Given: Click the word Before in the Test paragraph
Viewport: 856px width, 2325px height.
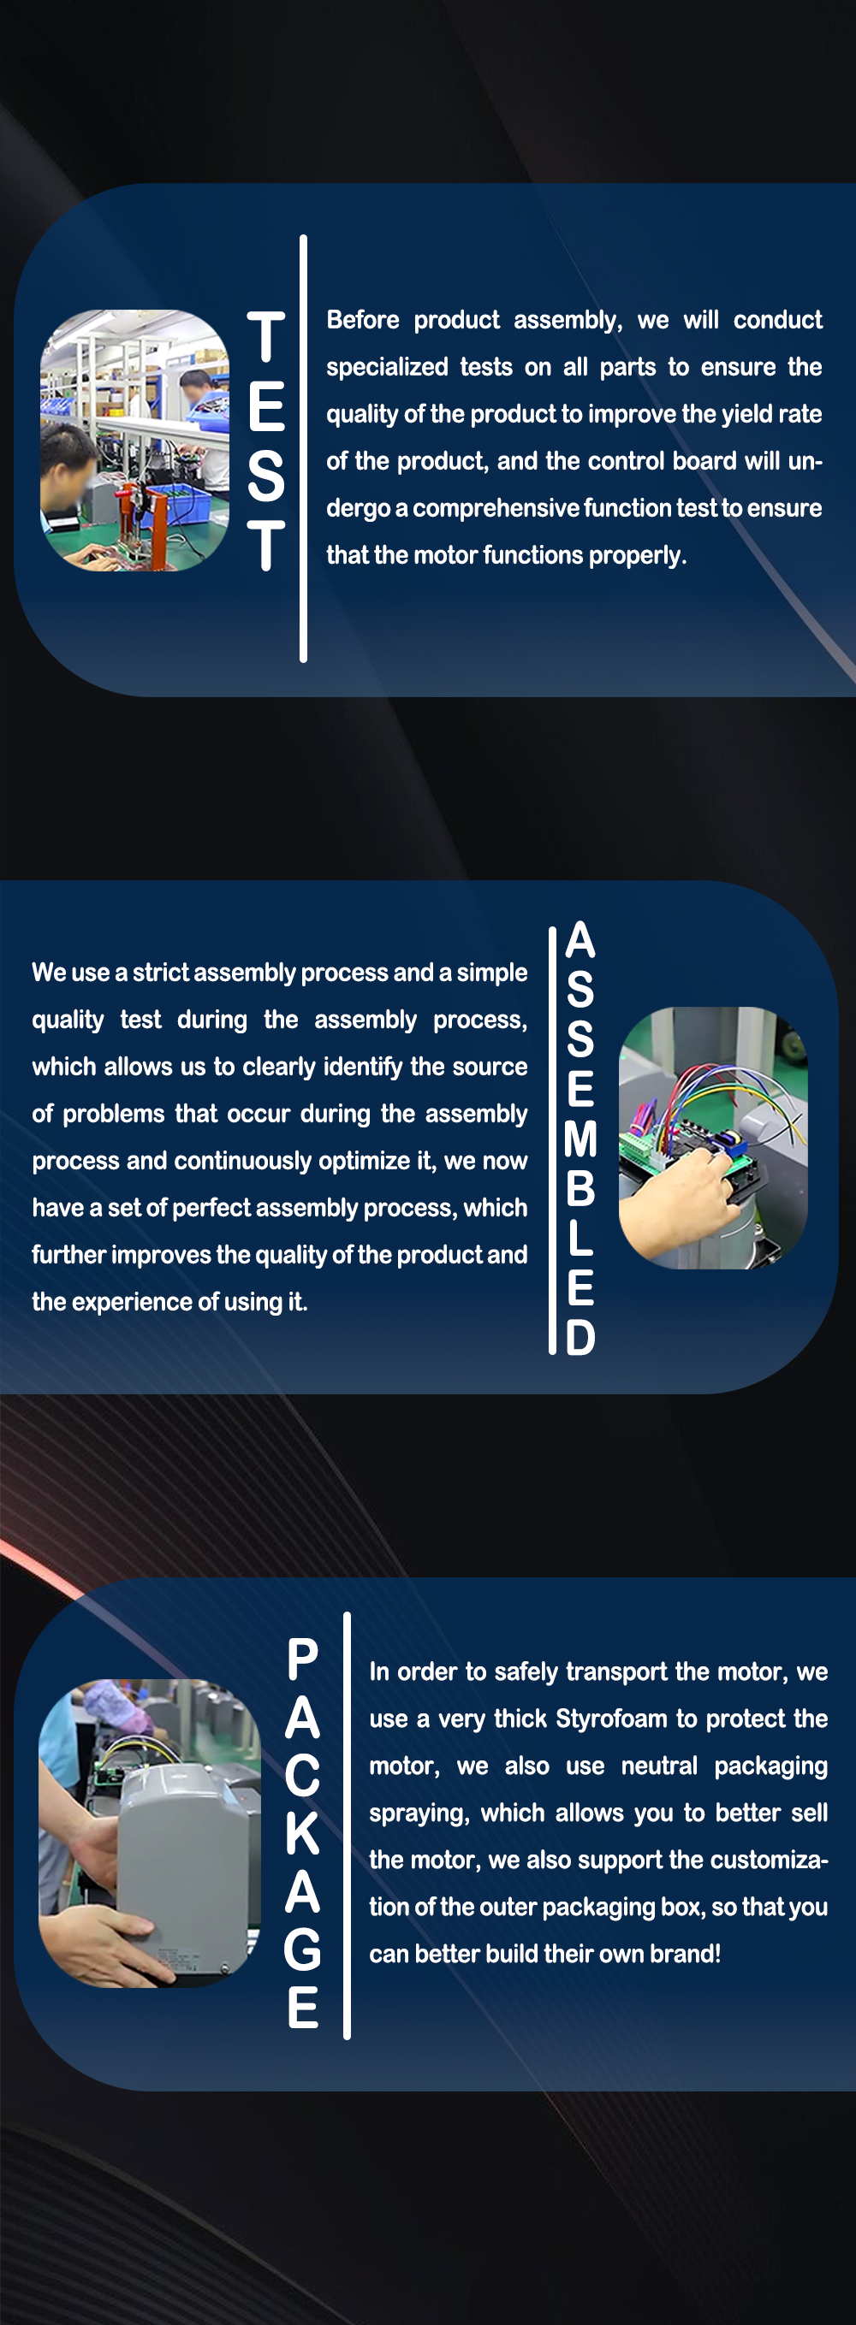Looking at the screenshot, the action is coord(362,320).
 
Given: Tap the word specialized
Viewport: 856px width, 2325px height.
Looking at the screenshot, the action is coord(388,367).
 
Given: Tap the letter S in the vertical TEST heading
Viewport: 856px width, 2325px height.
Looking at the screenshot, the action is coord(266,476).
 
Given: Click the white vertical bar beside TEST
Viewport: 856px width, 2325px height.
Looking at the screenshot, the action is coord(303,448).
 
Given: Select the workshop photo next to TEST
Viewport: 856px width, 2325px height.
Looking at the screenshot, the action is coord(134,441).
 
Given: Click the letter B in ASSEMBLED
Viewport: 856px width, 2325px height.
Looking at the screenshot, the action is coord(580,1189).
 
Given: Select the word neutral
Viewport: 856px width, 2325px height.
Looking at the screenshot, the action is coord(659,1766).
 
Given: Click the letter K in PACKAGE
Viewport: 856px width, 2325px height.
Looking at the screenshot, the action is coord(303,1833).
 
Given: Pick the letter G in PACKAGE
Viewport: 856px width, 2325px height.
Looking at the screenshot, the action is coord(302,1949).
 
